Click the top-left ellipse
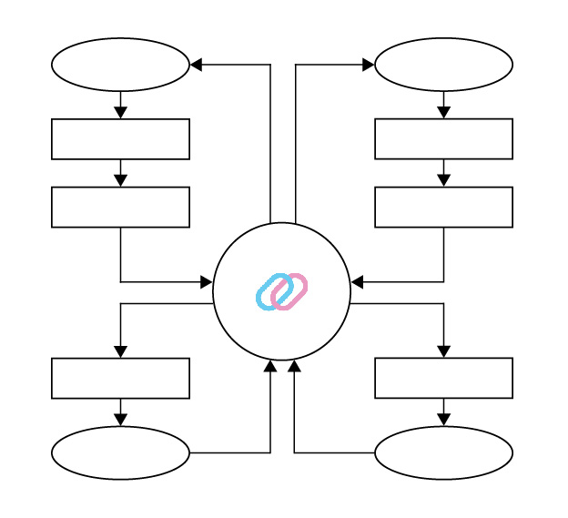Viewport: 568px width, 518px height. [x=120, y=65]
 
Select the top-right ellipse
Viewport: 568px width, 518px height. [x=443, y=65]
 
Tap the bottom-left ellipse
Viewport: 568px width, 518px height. [x=120, y=452]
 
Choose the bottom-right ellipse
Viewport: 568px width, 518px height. [x=443, y=452]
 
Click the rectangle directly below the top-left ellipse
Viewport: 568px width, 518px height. [x=120, y=138]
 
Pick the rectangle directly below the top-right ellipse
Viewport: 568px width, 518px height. [x=443, y=138]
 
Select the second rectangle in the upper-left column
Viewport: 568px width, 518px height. [x=120, y=207]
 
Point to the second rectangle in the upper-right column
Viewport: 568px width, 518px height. [x=443, y=207]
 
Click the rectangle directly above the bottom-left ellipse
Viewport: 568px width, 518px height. [x=120, y=378]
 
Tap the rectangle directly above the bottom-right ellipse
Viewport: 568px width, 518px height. [x=443, y=378]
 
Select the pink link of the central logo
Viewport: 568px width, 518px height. [x=291, y=290]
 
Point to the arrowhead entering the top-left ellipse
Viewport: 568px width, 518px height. [x=196, y=65]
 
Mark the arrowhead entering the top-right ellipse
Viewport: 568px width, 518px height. [x=369, y=65]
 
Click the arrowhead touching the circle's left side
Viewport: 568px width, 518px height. [x=207, y=282]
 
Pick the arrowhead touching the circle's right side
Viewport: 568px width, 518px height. [x=357, y=282]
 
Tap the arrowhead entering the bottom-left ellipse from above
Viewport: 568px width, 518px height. [x=120, y=420]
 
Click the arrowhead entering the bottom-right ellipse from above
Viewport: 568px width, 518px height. [x=443, y=420]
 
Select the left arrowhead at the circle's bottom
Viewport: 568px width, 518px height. [x=270, y=366]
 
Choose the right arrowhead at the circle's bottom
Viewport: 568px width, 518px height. [x=294, y=366]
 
